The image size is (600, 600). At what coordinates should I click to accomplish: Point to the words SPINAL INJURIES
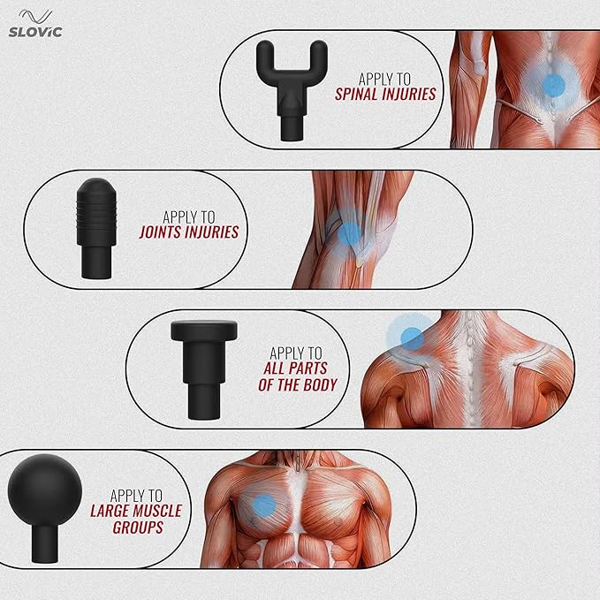coord(385,95)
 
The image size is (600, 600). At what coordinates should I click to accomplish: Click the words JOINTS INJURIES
coord(189,232)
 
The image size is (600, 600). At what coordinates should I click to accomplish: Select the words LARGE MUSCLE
coord(136,511)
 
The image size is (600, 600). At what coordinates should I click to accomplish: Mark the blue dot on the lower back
coord(553,85)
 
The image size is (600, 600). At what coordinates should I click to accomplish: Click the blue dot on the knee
coord(351,233)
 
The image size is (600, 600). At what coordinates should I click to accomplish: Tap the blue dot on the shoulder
coord(411,337)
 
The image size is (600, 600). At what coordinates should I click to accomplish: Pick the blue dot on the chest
coord(263,505)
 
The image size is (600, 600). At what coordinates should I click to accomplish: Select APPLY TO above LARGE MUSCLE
coord(135,496)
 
